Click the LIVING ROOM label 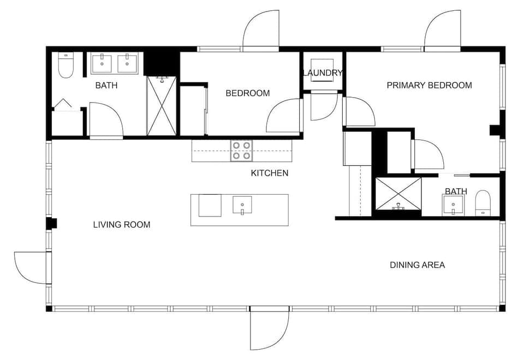coord(121,225)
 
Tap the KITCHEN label coord(269,173)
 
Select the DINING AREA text coord(417,265)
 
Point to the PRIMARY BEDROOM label coord(429,85)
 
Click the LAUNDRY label coord(322,73)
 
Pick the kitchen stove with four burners coord(242,151)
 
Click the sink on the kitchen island coord(242,205)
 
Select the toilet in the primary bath coord(483,203)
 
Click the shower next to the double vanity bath coord(162,106)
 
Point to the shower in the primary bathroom coord(398,194)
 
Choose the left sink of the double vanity coord(102,63)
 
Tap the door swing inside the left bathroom coord(106,120)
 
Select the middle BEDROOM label coord(248,93)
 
